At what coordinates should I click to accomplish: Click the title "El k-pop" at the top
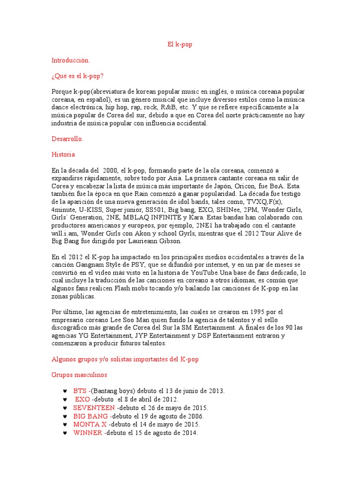click(x=180, y=45)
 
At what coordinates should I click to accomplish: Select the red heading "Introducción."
click(x=70, y=60)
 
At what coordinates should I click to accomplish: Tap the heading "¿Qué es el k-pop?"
click(x=78, y=76)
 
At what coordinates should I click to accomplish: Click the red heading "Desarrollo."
click(x=67, y=139)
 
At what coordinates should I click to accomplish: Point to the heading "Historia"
click(x=63, y=154)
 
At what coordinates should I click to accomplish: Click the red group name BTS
click(x=80, y=390)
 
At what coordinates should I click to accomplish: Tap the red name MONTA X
click(x=90, y=424)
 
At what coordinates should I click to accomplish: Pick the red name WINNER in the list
click(x=88, y=433)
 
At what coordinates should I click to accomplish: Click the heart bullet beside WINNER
click(x=64, y=433)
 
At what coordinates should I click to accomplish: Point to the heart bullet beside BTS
click(x=64, y=391)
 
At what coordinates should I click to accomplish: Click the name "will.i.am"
click(x=66, y=233)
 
